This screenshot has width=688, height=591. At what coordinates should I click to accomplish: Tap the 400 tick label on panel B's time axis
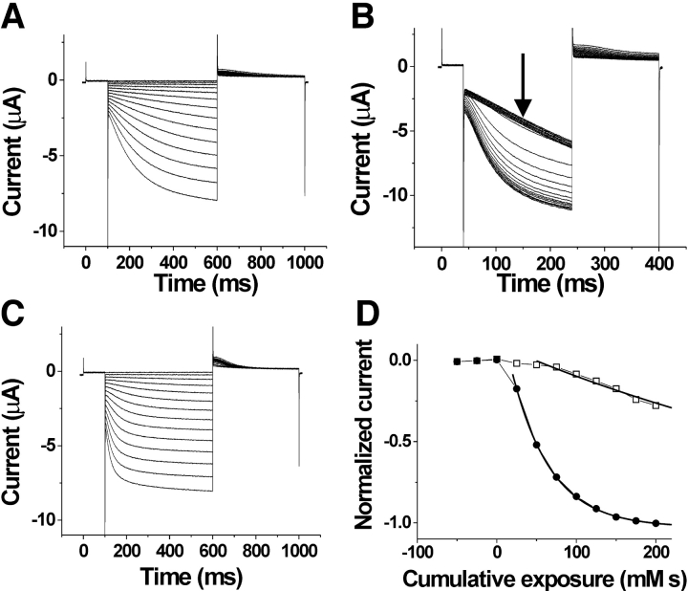point(658,257)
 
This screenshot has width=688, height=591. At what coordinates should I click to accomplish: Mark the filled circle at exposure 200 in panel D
point(656,523)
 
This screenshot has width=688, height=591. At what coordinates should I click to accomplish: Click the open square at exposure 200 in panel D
point(656,405)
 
